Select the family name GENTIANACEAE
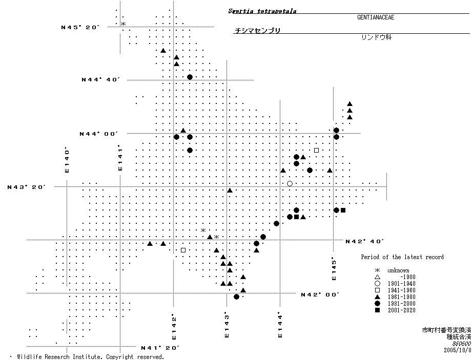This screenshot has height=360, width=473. (x=376, y=17)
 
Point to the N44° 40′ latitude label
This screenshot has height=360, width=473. (x=100, y=79)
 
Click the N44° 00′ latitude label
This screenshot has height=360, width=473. (x=99, y=134)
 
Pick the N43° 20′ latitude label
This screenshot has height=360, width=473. (x=27, y=187)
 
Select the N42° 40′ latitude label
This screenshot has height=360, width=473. (x=365, y=241)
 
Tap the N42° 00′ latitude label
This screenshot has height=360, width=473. (x=320, y=294)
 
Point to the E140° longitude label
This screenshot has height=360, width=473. (x=67, y=160)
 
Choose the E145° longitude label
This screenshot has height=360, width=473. (x=334, y=268)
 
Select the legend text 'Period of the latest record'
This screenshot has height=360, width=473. (x=402, y=257)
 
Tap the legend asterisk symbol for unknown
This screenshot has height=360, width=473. (x=377, y=270)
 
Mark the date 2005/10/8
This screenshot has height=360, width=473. (x=458, y=350)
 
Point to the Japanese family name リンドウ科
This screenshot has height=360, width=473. (x=376, y=37)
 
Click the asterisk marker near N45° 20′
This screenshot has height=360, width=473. (x=123, y=24)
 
